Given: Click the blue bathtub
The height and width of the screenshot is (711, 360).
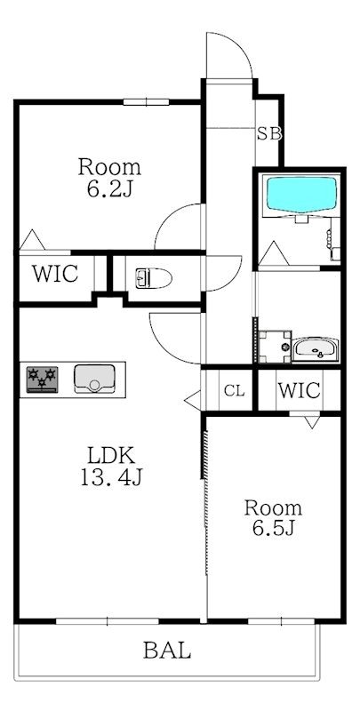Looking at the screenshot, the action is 302,194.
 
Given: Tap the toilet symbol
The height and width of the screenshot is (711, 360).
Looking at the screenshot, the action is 154,278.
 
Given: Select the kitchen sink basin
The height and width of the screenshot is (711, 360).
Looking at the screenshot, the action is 94,379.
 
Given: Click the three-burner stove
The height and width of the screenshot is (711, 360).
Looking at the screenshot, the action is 42,379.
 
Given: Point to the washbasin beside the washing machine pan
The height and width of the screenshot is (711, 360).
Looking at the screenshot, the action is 316,349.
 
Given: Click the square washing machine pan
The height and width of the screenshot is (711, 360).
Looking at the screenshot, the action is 275,347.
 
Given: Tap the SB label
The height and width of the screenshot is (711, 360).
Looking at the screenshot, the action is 269,134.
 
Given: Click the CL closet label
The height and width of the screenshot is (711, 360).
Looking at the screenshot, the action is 235,390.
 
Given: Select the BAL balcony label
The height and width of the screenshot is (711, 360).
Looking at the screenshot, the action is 167,651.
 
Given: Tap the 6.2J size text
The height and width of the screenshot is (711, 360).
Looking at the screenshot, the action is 109,189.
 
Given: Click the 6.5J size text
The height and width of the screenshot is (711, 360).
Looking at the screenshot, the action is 274,528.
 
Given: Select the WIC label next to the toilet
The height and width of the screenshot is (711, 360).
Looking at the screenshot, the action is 55,274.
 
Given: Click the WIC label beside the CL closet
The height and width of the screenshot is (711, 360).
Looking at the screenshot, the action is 300,390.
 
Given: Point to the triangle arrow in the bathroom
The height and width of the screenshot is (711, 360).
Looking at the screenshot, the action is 273,253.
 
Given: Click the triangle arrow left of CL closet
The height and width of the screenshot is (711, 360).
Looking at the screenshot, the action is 193,400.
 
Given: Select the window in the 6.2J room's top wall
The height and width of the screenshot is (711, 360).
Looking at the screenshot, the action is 146,102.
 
